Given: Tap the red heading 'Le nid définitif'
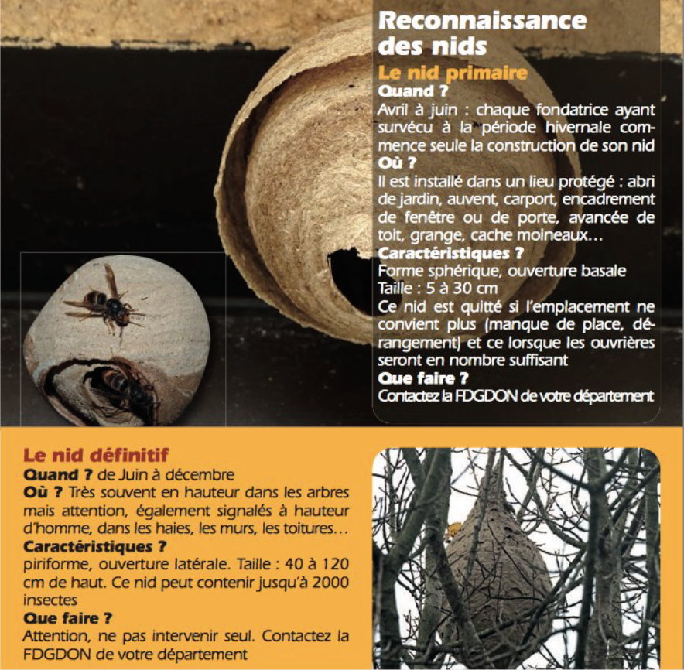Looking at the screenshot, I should tap(96, 454).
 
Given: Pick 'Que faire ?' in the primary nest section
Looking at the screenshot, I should tap(423, 378).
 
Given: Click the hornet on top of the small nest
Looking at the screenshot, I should tap(108, 303).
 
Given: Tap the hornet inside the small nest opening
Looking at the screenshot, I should tap(124, 385).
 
